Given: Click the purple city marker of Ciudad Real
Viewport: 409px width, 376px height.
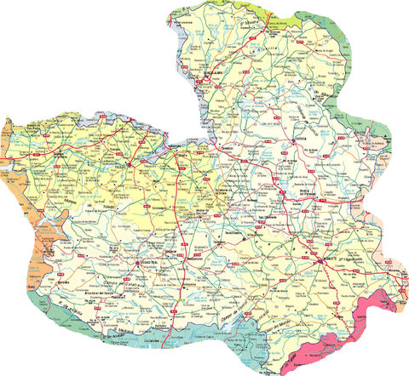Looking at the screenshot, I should [138, 263].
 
